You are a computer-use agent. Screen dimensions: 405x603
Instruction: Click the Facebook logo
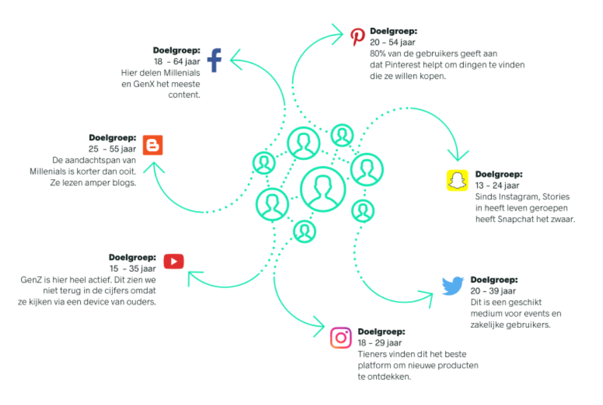pyautogui.click(x=214, y=60)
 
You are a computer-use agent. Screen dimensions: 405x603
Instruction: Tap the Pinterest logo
pyautogui.click(x=357, y=37)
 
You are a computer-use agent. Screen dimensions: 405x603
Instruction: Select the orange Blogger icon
pyautogui.click(x=152, y=145)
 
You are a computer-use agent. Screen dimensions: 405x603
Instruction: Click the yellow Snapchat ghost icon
pyautogui.click(x=457, y=180)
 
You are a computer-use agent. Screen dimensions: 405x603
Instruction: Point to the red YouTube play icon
pyautogui.click(x=173, y=261)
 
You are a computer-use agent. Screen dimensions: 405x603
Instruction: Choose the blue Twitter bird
pyautogui.click(x=453, y=286)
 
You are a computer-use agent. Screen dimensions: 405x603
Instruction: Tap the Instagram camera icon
pyautogui.click(x=341, y=338)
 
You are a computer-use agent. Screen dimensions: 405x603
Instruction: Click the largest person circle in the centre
pyautogui.click(x=323, y=189)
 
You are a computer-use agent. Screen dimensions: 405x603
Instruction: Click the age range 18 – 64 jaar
pyautogui.click(x=177, y=61)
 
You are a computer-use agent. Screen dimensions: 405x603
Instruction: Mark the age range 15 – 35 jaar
pyautogui.click(x=132, y=268)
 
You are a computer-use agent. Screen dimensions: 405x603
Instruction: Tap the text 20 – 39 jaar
pyautogui.click(x=493, y=291)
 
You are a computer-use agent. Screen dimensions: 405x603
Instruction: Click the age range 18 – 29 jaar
pyautogui.click(x=379, y=343)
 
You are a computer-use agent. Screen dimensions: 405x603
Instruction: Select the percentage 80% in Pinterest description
pyautogui.click(x=379, y=54)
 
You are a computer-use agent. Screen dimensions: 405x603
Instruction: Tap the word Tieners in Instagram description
pyautogui.click(x=372, y=354)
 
